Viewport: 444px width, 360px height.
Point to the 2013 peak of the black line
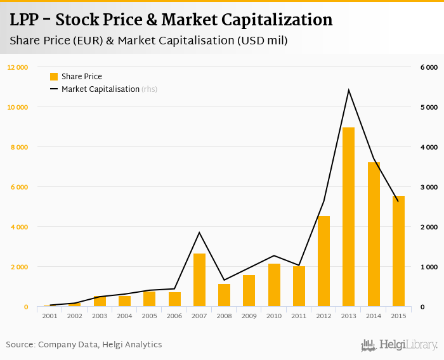click(348, 89)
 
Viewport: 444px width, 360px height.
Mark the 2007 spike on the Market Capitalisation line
click(199, 233)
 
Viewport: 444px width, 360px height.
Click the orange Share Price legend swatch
click(54, 77)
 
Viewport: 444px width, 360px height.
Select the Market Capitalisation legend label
click(100, 89)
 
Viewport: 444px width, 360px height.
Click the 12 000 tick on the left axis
click(18, 67)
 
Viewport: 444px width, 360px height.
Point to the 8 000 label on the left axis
click(19, 147)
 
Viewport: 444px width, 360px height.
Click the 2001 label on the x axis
click(50, 316)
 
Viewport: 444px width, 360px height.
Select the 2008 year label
click(224, 316)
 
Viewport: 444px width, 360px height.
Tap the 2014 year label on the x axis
click(373, 316)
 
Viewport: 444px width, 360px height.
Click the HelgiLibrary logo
click(400, 345)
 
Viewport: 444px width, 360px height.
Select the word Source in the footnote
click(20, 345)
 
